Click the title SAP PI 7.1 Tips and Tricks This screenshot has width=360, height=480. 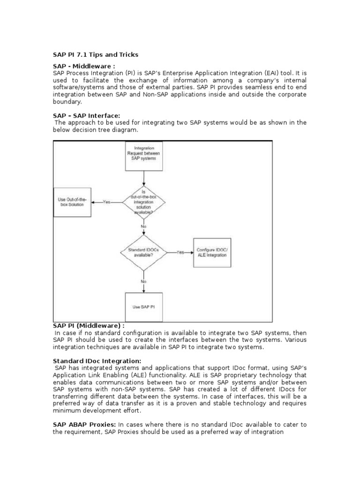click(x=96, y=54)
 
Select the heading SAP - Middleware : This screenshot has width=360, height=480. click(x=83, y=67)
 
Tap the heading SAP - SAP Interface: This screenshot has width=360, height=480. click(x=87, y=115)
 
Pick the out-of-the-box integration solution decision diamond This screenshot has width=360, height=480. click(x=144, y=202)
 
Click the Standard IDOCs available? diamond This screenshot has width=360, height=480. click(x=144, y=252)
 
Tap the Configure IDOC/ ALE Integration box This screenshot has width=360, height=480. click(x=212, y=252)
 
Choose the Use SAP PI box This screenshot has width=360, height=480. click(x=144, y=306)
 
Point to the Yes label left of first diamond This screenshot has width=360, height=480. click(x=107, y=202)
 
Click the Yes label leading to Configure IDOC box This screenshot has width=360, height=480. click(x=180, y=252)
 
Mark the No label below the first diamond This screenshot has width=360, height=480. click(x=144, y=226)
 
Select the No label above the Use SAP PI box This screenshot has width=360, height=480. click(x=144, y=281)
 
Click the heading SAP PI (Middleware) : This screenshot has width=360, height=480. click(x=89, y=325)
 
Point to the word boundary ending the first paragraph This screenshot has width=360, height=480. click(x=67, y=101)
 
